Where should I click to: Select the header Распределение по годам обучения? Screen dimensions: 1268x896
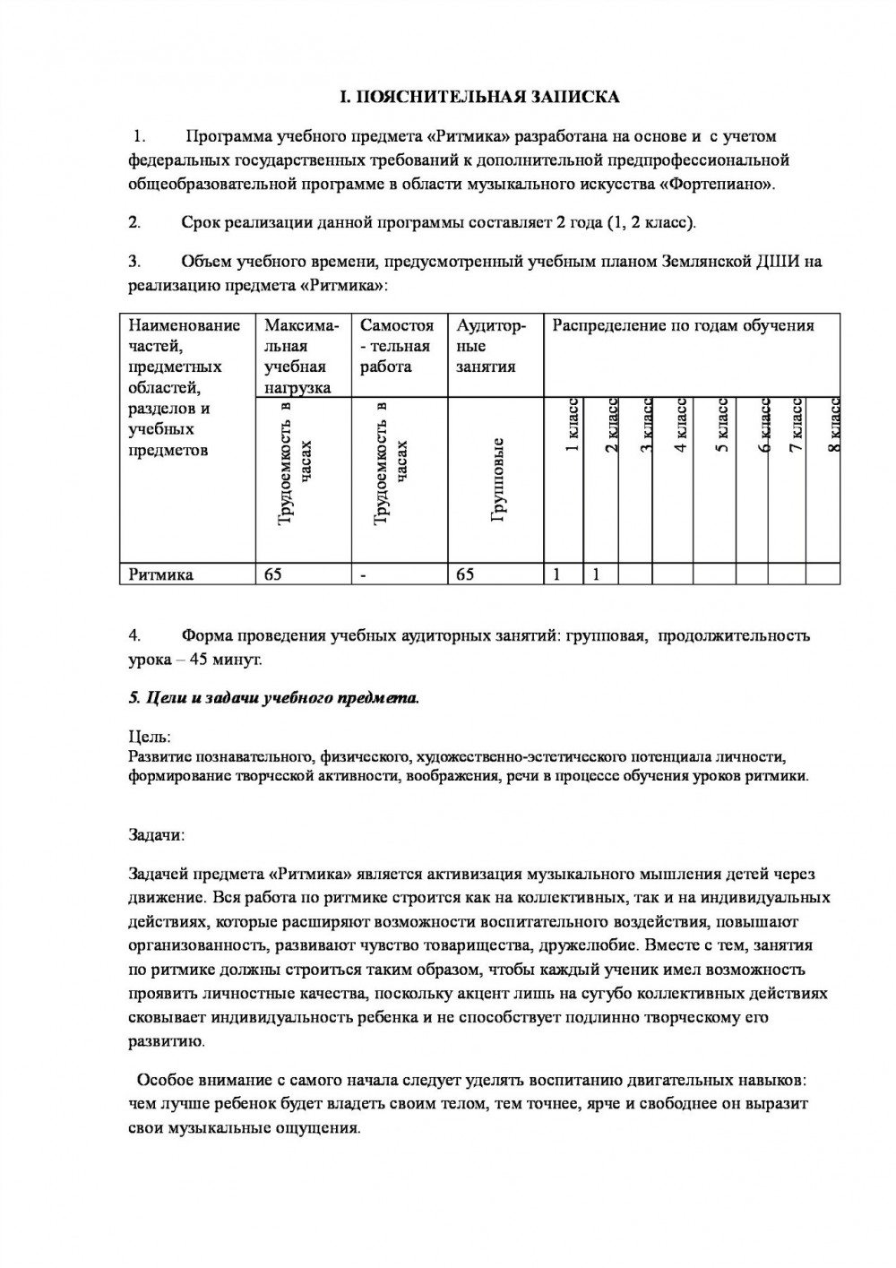click(683, 325)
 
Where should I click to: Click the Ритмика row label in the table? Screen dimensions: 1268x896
click(161, 574)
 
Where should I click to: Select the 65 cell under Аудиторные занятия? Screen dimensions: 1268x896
click(466, 574)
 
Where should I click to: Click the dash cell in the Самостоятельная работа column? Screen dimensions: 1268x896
click(364, 575)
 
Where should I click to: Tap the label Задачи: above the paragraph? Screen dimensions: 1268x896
click(157, 834)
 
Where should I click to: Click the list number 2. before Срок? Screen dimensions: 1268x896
click(134, 221)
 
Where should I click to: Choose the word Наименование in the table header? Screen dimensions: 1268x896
click(185, 325)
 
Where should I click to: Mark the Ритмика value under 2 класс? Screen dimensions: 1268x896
click(596, 574)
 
